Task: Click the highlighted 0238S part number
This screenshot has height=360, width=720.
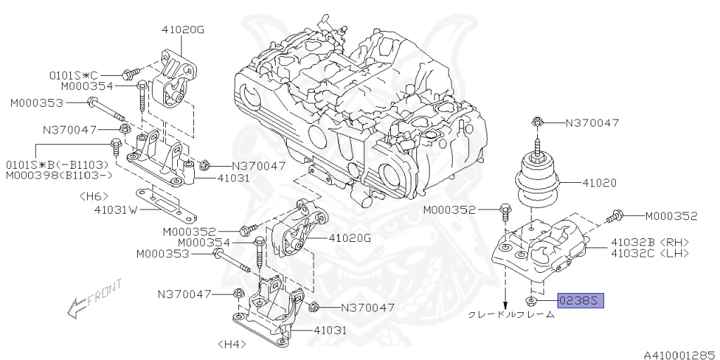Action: pos(581,302)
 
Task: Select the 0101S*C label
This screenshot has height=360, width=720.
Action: pos(74,75)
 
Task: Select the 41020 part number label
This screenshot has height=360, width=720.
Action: pos(599,182)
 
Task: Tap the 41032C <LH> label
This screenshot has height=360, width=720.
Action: pos(650,253)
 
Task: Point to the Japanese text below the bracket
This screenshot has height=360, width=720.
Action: pos(512,316)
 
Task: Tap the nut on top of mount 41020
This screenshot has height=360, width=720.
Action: pos(537,123)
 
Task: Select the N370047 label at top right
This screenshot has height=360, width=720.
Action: pos(593,123)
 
